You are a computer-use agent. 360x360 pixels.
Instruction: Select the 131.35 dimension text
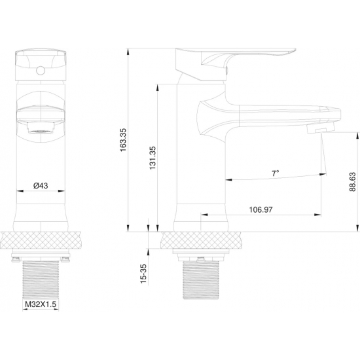[x=153, y=158]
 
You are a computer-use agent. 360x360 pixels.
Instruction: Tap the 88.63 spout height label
[x=353, y=181]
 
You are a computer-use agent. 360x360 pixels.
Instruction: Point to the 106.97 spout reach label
[x=261, y=209]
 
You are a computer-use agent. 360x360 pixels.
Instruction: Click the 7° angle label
[x=276, y=173]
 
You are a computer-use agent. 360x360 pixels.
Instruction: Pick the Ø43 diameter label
[x=41, y=185]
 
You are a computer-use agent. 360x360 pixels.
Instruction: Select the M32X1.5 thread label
[x=41, y=304]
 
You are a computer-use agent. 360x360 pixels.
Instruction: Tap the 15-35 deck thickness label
[x=143, y=274]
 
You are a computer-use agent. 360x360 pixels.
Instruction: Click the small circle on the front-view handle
[x=41, y=71]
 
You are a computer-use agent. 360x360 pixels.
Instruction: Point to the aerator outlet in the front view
[x=41, y=128]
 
